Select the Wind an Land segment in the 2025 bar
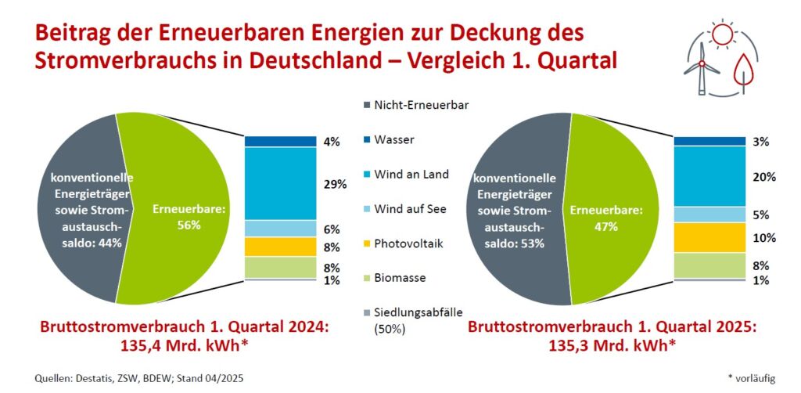(709, 176)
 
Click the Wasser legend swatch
(366, 140)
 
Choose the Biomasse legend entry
(400, 278)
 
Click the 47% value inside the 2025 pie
(605, 227)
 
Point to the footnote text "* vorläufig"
(751, 379)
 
